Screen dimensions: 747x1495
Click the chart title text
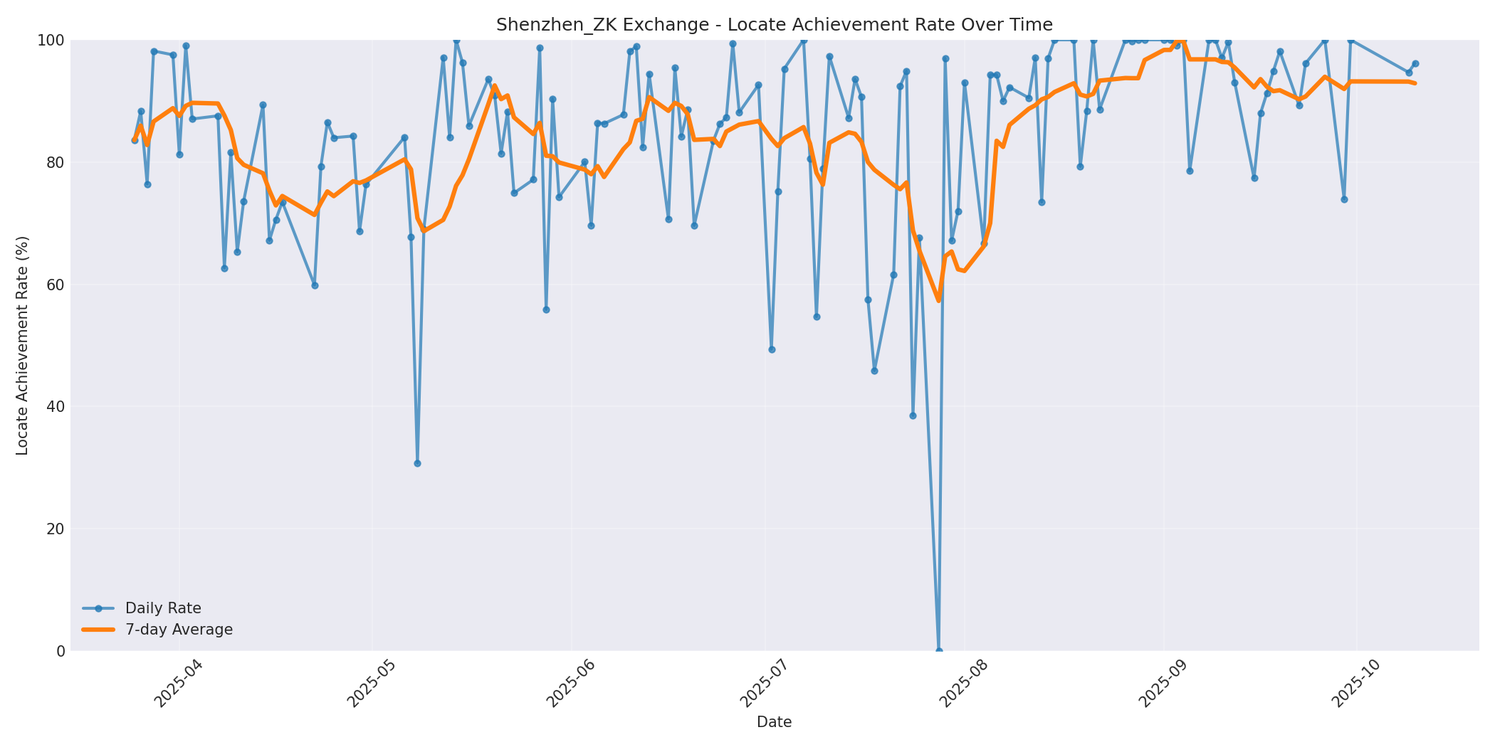point(774,25)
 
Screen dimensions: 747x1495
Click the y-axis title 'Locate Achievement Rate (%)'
point(22,345)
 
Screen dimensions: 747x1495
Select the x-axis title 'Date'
point(774,722)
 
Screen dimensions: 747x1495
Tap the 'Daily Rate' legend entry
point(163,608)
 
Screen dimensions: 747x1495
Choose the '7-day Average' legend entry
point(179,630)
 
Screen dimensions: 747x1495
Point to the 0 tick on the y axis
point(61,651)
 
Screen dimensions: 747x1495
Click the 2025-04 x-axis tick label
point(179,684)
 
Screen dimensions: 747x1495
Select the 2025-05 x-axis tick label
point(371,684)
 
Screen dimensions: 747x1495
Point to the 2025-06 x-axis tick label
point(570,684)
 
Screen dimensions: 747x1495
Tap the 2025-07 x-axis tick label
point(765,684)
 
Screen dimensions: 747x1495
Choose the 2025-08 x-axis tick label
point(964,684)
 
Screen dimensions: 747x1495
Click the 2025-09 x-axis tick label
point(1163,684)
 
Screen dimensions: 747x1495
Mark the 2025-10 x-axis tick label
point(1355,684)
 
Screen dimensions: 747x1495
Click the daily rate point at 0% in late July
point(938,650)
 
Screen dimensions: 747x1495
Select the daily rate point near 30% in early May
point(417,463)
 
